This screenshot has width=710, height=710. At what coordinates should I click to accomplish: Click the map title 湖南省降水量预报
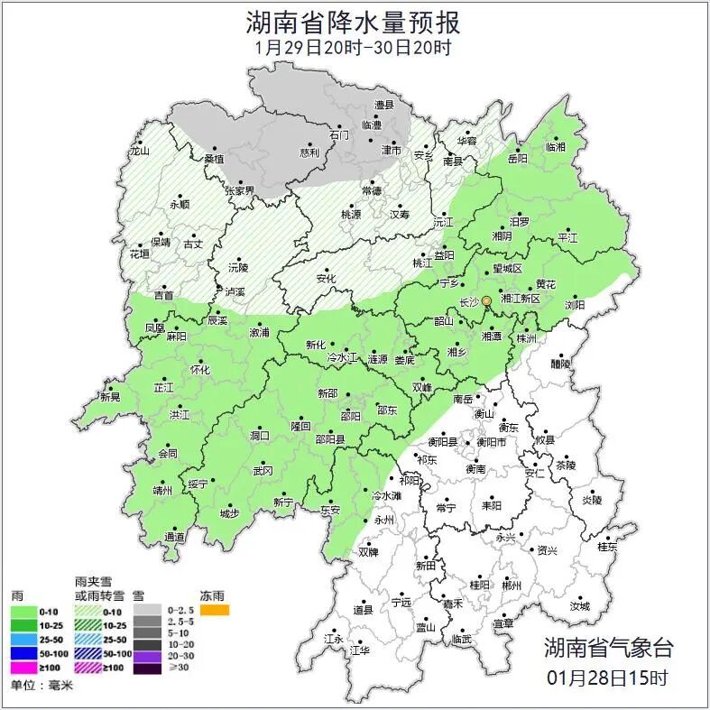(x=354, y=21)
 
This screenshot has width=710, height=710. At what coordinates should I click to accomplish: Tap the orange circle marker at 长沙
(x=486, y=300)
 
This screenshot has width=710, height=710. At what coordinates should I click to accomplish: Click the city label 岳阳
(x=517, y=159)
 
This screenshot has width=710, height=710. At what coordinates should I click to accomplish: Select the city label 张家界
(x=240, y=191)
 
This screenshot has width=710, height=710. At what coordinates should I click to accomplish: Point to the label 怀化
(x=200, y=370)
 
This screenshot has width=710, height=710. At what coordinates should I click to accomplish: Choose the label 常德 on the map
(x=371, y=191)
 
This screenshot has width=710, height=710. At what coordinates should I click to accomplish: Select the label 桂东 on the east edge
(x=607, y=547)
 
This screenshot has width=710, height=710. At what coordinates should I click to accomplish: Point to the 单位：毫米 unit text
(x=41, y=686)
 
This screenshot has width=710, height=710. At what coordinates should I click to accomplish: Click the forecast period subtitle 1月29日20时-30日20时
(x=354, y=47)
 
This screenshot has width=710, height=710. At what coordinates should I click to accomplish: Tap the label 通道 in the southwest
(x=174, y=538)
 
